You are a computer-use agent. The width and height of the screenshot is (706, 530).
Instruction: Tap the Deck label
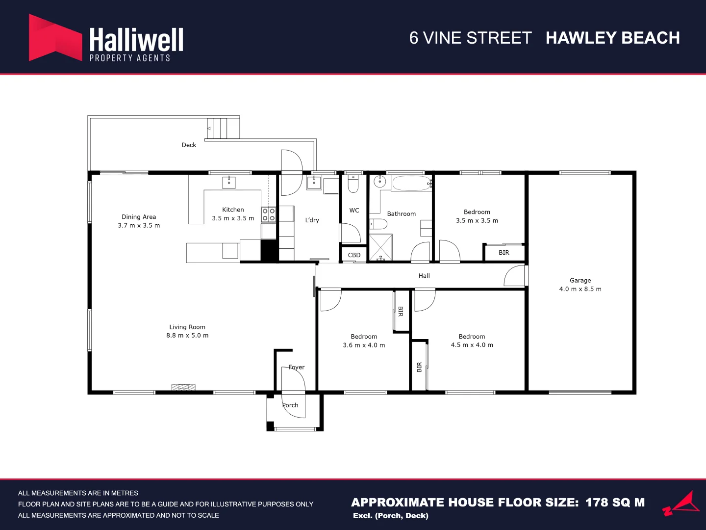pos(189,145)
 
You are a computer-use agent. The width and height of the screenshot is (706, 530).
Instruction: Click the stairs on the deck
pos(223,129)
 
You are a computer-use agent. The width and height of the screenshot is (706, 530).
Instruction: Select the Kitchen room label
pos(233,210)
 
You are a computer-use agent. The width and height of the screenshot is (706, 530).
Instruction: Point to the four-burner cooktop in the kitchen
pos(268,214)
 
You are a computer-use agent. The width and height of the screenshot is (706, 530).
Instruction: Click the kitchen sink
pos(228,182)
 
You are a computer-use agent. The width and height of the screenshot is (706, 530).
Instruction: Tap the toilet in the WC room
pos(353,184)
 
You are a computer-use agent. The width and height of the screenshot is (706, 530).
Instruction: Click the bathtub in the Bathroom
pos(411,184)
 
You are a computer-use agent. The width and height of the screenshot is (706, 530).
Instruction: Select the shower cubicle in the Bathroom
pos(380,247)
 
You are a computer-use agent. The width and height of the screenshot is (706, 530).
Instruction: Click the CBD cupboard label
pos(354,255)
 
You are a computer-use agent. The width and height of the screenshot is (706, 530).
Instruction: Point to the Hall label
pos(424,276)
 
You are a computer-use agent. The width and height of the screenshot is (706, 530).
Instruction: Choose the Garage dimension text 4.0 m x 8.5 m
pos(580,289)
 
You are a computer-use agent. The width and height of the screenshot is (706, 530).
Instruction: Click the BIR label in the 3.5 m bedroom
pos(504,253)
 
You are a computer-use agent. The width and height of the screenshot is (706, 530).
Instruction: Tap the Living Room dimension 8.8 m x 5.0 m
pos(187,336)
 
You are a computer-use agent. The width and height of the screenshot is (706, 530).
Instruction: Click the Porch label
pos(290,405)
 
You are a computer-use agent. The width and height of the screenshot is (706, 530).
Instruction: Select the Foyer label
pos(296,367)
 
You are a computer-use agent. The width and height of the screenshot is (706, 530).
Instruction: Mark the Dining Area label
pos(139,217)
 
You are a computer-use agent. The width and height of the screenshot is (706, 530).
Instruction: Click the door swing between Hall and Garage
pos(515,276)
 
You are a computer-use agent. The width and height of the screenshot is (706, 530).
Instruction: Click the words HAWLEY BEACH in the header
pos(612,38)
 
